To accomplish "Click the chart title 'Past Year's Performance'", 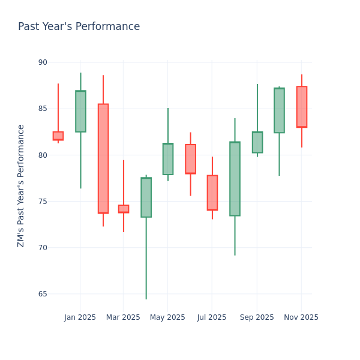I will click(x=79, y=27).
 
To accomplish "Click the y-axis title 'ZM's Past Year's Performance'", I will click(x=21, y=185).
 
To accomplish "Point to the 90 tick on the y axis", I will click(x=42, y=62).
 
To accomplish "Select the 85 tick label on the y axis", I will click(x=42, y=109).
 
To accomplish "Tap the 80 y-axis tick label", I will click(x=42, y=155).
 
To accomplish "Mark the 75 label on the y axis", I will click(x=42, y=201).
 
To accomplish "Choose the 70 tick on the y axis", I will click(x=42, y=247).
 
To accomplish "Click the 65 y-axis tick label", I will click(x=42, y=294).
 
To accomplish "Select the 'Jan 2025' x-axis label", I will click(x=80, y=317).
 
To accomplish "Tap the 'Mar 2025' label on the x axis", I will click(x=123, y=317).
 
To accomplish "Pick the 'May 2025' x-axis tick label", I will click(x=167, y=317).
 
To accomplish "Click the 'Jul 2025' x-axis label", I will click(x=212, y=317).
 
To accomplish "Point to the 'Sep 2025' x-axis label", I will click(x=257, y=317).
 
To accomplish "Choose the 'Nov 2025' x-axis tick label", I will click(x=301, y=317).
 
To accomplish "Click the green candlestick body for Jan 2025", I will click(x=80, y=111).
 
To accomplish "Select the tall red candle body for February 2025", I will click(x=103, y=158).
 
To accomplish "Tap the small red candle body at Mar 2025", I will click(x=124, y=209).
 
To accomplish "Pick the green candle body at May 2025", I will click(x=168, y=159).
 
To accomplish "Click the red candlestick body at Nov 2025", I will click(x=301, y=107).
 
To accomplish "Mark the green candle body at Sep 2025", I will click(x=257, y=142).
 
